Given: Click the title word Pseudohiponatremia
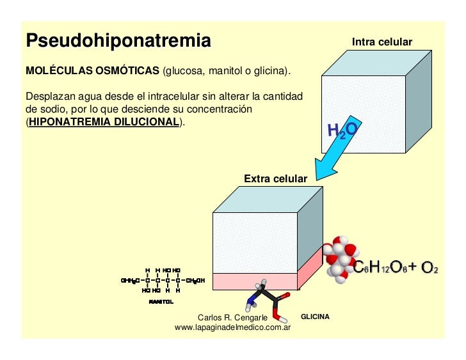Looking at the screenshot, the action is pos(118,42).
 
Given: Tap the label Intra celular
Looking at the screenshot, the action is pos(382,42).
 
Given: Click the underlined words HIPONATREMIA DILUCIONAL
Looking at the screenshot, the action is pos(103,121).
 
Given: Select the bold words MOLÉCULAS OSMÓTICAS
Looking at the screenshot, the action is pos(92,69).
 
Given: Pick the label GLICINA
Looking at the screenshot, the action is pos(315,317).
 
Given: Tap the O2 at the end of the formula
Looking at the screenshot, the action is pos(429,267).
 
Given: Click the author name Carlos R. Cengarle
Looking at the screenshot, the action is pos(232,318).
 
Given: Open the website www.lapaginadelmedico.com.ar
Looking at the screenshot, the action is pos(233,327).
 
